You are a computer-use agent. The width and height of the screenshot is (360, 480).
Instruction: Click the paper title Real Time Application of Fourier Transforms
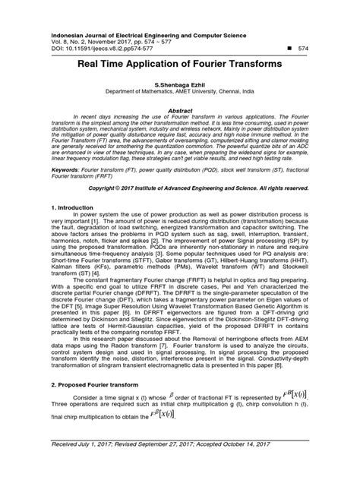point(179,65)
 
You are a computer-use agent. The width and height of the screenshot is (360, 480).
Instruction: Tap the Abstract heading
point(179,110)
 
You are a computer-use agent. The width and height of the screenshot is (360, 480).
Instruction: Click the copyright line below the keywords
point(197,187)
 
